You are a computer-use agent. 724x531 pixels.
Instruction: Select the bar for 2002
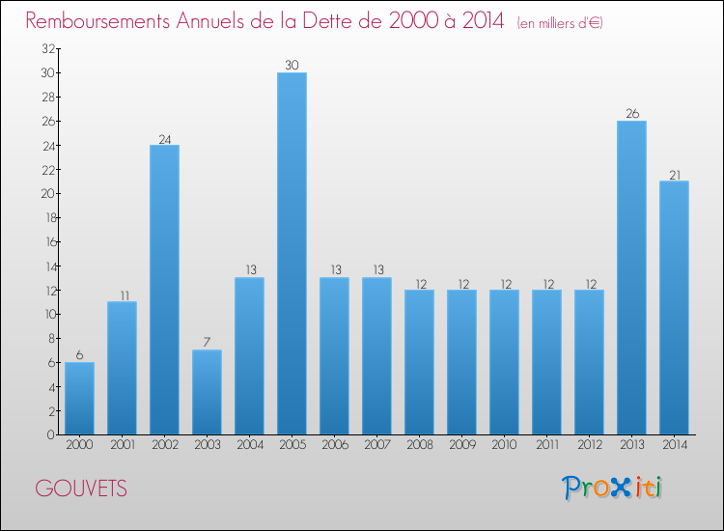[164, 290]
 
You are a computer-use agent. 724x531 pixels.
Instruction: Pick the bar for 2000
[79, 398]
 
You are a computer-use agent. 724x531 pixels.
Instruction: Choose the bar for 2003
[207, 392]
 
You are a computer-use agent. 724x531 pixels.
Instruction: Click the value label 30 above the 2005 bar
[292, 66]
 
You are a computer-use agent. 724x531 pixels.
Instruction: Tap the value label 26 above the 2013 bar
[631, 114]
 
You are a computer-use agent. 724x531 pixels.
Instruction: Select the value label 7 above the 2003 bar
[207, 343]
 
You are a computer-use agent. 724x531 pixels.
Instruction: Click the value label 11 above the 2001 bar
[122, 294]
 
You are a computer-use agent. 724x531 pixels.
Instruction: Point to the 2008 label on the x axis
[419, 444]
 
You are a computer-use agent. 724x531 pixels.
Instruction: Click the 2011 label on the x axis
[546, 444]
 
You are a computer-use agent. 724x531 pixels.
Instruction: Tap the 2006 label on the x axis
[334, 444]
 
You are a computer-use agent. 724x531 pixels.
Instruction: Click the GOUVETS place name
[81, 489]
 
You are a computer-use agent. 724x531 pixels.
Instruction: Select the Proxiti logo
[612, 488]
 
